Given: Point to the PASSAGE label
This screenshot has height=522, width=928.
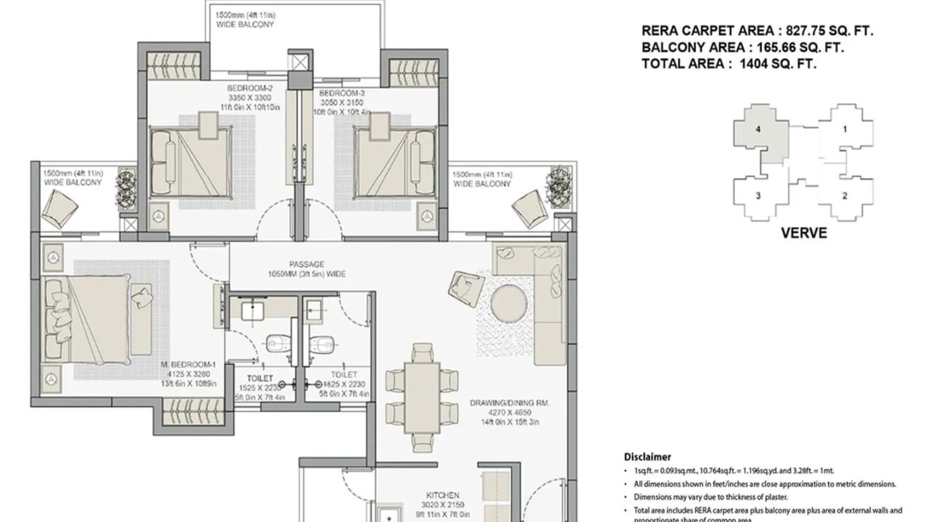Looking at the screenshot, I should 306,265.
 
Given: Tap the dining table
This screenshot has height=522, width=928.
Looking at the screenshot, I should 421,395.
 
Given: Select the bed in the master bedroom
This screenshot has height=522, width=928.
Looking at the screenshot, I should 94,320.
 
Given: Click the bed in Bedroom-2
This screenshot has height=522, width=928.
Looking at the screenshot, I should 191,159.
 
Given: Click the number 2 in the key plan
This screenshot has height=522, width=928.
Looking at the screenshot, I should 845,196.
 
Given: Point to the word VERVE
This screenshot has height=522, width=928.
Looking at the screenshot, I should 803,233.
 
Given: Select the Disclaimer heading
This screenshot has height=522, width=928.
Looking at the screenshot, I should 647,457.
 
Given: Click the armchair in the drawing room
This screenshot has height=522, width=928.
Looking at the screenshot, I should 463,283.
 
